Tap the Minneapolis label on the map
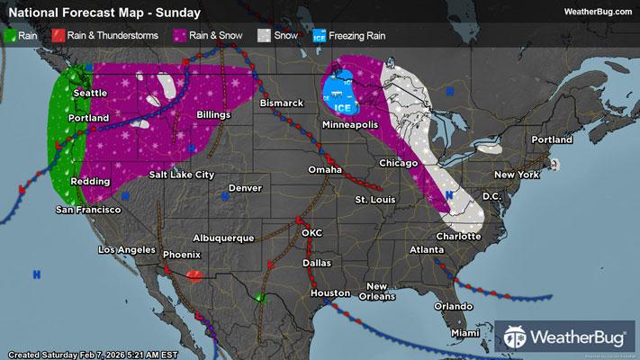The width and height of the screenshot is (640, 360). [x=358, y=124]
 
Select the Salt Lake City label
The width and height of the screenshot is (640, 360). [x=183, y=174]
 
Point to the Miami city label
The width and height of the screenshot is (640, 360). [x=466, y=333]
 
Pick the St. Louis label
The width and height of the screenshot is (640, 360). [x=374, y=198]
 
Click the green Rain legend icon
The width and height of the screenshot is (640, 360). [x=11, y=36]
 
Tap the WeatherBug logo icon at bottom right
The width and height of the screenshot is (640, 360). [x=517, y=337]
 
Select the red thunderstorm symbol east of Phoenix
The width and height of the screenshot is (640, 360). [x=195, y=274]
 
